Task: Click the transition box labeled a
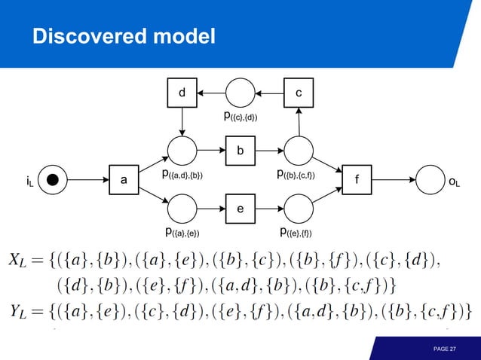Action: point(124,180)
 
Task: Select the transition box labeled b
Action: point(240,151)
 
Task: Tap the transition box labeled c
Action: point(299,93)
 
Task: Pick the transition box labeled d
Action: point(182,93)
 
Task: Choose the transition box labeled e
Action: point(240,208)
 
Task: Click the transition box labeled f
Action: point(357,180)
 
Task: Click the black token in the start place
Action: point(52,180)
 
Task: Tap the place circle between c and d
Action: point(240,93)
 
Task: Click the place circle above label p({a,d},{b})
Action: point(182,151)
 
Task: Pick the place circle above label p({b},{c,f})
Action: point(299,151)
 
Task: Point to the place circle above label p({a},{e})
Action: point(182,208)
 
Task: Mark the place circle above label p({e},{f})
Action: point(299,208)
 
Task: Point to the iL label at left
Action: point(29,181)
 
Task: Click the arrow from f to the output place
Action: point(394,180)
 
